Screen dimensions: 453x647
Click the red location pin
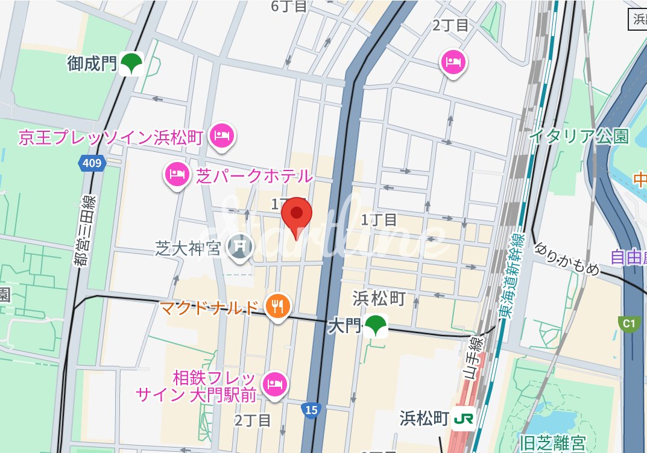pyautogui.click(x=296, y=215)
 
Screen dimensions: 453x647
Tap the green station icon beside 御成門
pyautogui.click(x=131, y=63)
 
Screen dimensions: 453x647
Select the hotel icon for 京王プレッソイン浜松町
pyautogui.click(x=221, y=136)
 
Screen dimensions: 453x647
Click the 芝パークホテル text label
pyautogui.click(x=254, y=176)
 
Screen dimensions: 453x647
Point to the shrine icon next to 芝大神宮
pyautogui.click(x=241, y=247)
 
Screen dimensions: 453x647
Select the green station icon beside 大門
pyautogui.click(x=376, y=326)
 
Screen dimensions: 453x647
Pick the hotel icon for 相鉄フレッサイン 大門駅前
pyautogui.click(x=275, y=384)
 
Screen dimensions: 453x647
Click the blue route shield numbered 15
pyautogui.click(x=311, y=410)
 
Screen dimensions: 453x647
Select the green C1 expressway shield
pyautogui.click(x=628, y=324)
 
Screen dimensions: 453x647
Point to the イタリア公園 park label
pyautogui.click(x=579, y=136)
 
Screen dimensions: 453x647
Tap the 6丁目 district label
pyautogui.click(x=289, y=6)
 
